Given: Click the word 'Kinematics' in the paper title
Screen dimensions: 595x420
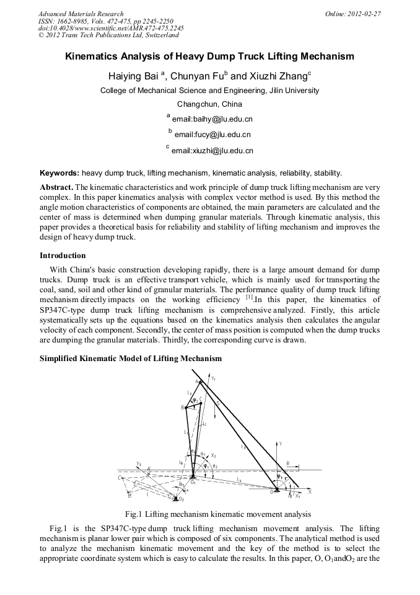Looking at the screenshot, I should tap(94, 56).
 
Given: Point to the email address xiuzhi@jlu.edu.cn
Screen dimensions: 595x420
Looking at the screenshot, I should tap(214, 150).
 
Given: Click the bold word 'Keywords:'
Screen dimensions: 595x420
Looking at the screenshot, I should tap(59, 172).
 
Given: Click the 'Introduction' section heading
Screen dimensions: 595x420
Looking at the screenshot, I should tap(63, 256).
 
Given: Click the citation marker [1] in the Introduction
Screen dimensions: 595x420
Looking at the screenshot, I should tap(250, 297).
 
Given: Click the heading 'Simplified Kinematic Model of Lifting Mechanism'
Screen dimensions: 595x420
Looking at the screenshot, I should tap(131, 359).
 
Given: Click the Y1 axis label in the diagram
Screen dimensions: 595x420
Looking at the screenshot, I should tap(213, 378).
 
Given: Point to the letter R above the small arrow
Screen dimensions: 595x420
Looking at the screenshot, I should tap(287, 463).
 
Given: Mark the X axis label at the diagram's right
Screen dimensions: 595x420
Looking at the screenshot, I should tap(309, 491).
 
